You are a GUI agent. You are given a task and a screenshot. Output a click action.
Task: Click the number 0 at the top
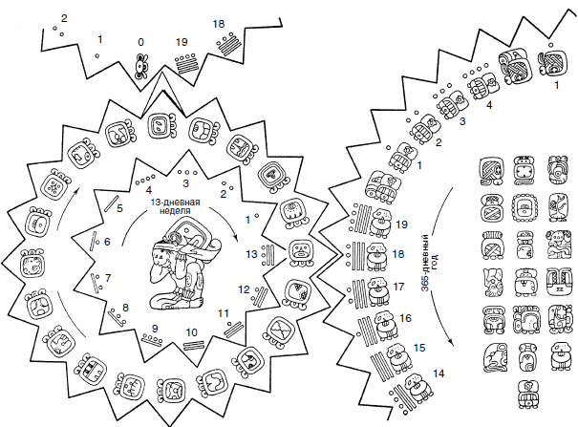coord(141,42)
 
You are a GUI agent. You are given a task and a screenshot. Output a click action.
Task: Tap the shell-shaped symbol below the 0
coord(141,65)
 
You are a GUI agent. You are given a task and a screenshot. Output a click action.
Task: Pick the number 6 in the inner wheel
coord(107,242)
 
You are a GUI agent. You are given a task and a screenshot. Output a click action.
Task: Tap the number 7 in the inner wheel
coord(108,278)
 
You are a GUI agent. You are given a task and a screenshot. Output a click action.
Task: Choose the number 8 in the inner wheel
coord(125,308)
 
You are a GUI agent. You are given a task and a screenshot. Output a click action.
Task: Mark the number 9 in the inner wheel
coord(153,328)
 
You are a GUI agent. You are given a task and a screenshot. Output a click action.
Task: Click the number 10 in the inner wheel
coord(191,332)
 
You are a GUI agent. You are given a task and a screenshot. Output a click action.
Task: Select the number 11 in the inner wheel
coord(224,313)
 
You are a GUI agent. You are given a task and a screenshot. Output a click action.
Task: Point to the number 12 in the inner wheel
coord(245,288)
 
